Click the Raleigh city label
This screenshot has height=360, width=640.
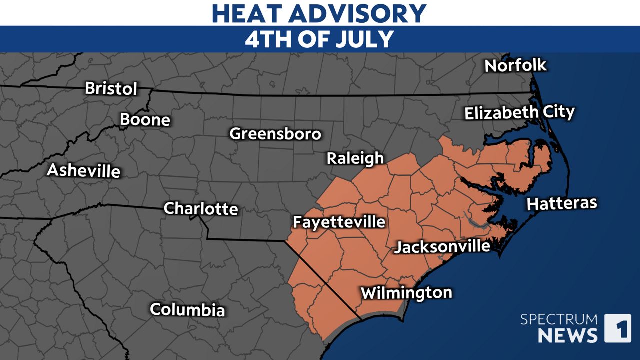tap(355, 158)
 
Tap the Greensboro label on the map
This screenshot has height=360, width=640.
tap(275, 134)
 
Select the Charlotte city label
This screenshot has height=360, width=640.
tap(201, 208)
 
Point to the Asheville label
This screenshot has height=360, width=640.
tap(83, 171)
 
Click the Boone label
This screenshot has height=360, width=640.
tap(145, 120)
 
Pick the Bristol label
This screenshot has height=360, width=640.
tap(111, 88)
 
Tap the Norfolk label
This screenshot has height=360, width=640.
tap(516, 65)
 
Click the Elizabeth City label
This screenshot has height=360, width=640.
tap(519, 113)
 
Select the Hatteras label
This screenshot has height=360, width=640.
tap(562, 203)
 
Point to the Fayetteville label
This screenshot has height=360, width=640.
tap(339, 222)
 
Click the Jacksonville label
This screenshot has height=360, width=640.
tap(442, 246)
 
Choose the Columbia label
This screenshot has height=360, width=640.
tap(187, 310)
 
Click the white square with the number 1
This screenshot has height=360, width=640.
tap(617, 328)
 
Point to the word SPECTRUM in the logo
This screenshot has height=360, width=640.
tap(558, 319)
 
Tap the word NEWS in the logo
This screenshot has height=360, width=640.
tap(567, 335)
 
